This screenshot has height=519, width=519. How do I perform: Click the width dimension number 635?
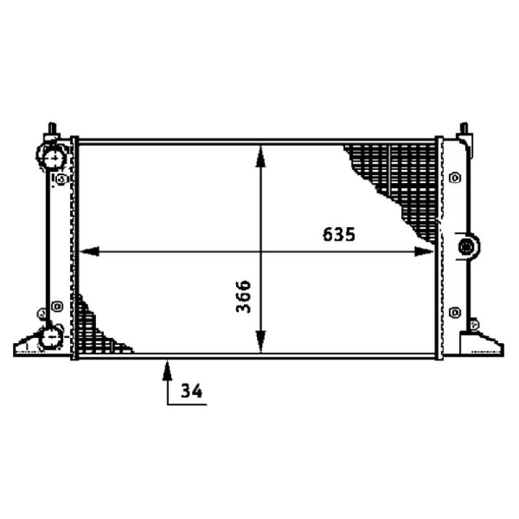(339, 235)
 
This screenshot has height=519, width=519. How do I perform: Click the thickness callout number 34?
(191, 391)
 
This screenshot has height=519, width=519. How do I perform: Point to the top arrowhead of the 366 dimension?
(260, 153)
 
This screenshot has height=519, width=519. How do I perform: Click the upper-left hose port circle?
(53, 157)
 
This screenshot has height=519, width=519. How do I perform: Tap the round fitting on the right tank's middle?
(466, 247)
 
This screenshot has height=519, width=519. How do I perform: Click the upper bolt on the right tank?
(453, 176)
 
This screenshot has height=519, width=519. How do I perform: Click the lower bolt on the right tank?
(453, 313)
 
